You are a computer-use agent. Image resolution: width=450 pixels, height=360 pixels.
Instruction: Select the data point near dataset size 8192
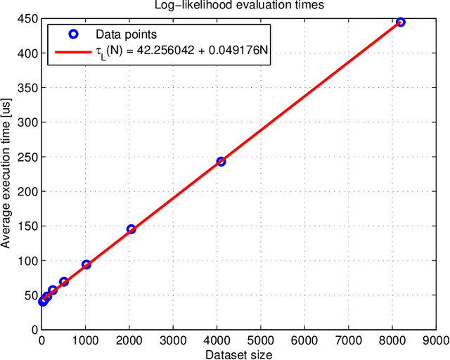[x=400, y=22]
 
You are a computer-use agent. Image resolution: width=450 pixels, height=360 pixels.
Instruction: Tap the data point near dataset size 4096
[x=221, y=161]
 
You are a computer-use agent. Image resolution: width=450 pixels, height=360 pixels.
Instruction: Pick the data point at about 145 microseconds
[x=131, y=229]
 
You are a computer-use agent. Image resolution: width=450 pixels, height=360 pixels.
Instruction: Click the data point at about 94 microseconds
[x=86, y=264]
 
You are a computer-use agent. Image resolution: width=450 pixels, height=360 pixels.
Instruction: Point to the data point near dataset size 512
[x=64, y=282]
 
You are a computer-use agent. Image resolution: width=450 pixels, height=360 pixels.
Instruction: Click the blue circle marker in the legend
[x=72, y=34]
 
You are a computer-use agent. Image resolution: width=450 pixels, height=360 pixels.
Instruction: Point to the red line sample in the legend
[x=72, y=51]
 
